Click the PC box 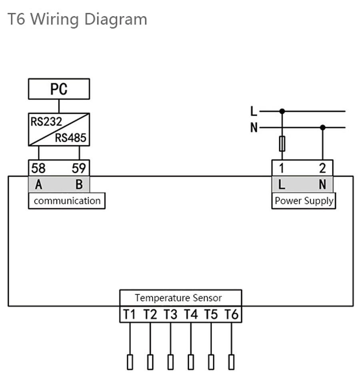tap(59, 89)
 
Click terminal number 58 tap(38, 168)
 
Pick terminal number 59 tap(79, 168)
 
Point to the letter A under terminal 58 tap(38, 184)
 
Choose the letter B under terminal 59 tap(79, 184)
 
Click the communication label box tap(67, 201)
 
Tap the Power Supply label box tap(304, 201)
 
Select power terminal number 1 tap(282, 168)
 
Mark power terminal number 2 tap(322, 168)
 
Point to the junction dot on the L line tap(282, 111)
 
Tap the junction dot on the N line tap(323, 128)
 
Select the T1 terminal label tap(130, 315)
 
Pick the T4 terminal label tap(191, 315)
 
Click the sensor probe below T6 tap(231, 361)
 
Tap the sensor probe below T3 tap(170, 361)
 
